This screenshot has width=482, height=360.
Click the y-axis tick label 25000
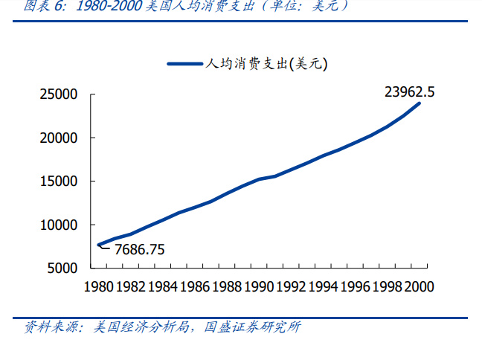click(x=59, y=94)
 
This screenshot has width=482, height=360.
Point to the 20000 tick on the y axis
click(x=59, y=138)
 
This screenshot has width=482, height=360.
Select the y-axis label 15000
click(x=59, y=181)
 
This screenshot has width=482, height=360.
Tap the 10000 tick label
click(x=59, y=225)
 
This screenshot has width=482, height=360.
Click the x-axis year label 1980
click(x=99, y=286)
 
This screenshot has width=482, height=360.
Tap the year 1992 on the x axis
click(x=291, y=286)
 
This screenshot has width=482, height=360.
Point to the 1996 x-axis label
click(x=355, y=286)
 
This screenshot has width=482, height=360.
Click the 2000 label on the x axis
click(x=418, y=286)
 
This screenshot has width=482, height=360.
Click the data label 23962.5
click(x=410, y=92)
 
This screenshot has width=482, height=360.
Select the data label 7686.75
click(x=139, y=249)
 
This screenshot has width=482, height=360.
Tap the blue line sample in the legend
click(x=185, y=65)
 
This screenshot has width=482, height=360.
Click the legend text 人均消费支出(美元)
click(x=266, y=65)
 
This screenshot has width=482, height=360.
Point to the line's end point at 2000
click(x=419, y=103)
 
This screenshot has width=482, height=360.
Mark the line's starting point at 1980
click(x=99, y=245)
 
